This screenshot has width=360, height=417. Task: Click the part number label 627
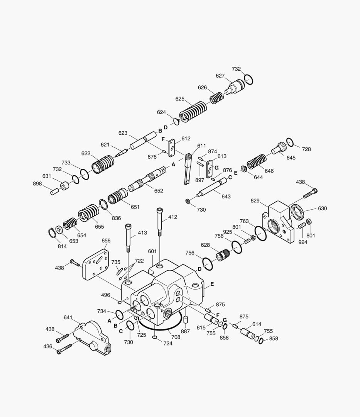coord(220,76)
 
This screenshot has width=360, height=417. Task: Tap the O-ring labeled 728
coord(290,142)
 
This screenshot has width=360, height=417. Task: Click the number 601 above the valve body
coord(152,251)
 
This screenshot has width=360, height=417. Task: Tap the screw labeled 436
coord(65,349)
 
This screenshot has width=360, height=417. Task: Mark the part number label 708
coord(176,337)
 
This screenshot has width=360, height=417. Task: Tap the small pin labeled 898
coord(54,191)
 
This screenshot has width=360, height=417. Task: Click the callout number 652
coord(158,191)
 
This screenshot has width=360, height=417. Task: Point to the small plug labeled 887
coord(185,320)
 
